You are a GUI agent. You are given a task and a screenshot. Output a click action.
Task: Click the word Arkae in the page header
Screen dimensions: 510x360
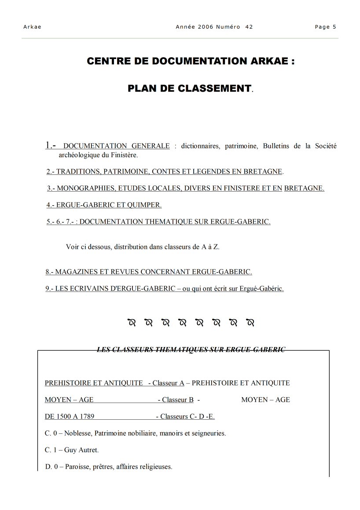32,27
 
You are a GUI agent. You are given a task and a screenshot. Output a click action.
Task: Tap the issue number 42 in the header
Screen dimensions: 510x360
249,27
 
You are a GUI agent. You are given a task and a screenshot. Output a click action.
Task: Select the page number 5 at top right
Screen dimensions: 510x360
334,27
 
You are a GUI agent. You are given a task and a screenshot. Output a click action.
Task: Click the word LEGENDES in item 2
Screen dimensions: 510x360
231,171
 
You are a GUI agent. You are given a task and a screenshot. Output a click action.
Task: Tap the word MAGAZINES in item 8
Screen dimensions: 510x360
75,272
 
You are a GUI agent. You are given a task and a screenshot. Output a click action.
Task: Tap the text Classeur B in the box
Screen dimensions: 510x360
178,399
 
